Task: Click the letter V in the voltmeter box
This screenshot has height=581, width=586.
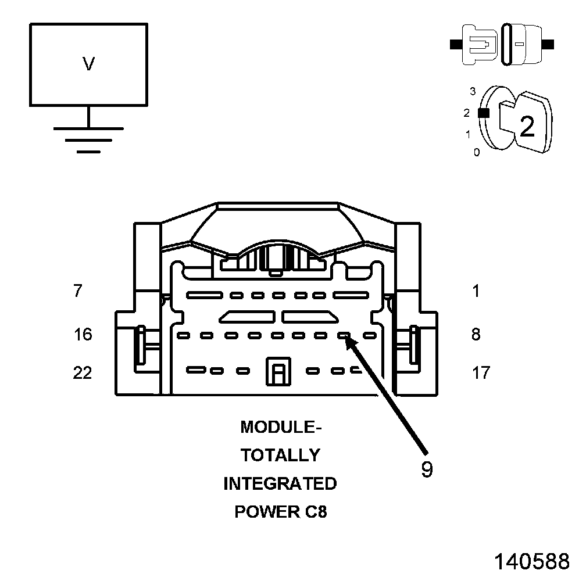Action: point(88,64)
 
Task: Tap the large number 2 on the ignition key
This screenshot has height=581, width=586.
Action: point(527,126)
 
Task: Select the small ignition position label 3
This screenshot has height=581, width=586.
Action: point(473,91)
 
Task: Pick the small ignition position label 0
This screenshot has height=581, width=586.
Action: point(477,153)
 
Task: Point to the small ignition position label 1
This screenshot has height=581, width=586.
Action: point(467,134)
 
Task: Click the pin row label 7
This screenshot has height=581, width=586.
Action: point(78,290)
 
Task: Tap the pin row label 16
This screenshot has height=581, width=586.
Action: point(83,335)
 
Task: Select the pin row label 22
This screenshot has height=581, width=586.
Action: point(83,372)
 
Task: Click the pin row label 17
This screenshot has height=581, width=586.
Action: point(481,372)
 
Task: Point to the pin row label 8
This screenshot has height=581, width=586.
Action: point(476,335)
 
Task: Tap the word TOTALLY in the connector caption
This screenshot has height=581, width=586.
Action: point(280,456)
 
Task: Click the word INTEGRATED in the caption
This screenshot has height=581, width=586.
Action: point(280,483)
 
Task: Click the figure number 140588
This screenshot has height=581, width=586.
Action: point(531,561)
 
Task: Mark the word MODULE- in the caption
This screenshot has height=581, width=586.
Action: point(280,428)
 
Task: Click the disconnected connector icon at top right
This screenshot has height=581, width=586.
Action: point(502,44)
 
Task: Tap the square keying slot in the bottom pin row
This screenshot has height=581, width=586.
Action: point(277,371)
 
